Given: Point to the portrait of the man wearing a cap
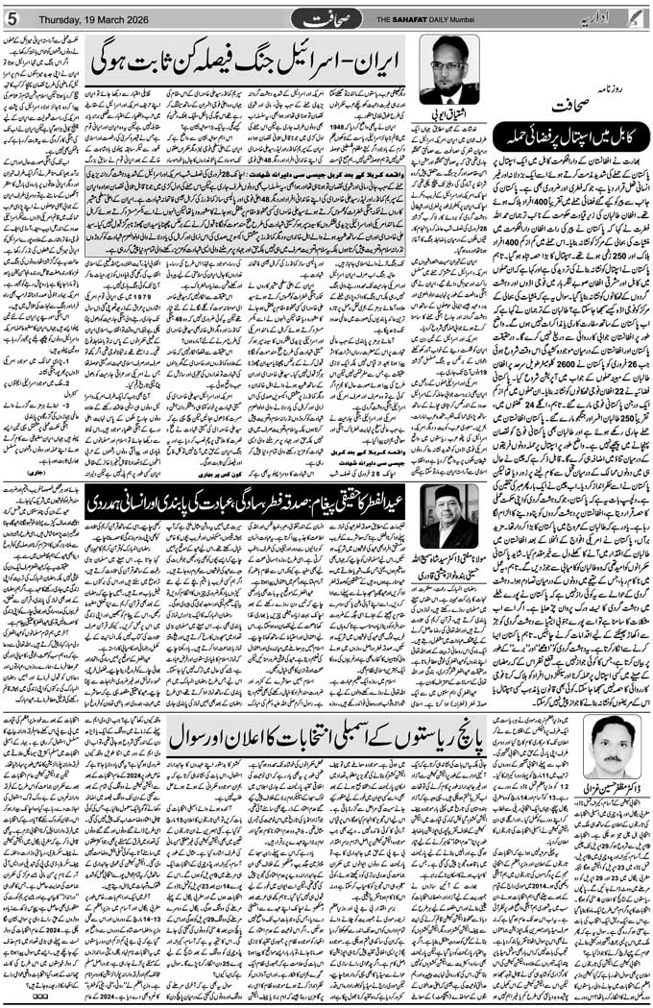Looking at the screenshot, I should [449, 516].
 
